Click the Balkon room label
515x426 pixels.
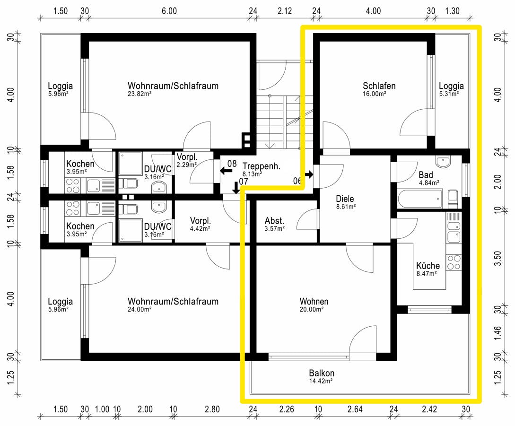[x=322, y=373]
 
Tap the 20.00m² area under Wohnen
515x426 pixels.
[x=312, y=310]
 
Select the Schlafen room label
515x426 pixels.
[x=379, y=86]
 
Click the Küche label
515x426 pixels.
[x=428, y=266]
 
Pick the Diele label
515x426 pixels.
[x=345, y=199]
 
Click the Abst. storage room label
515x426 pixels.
[x=274, y=221]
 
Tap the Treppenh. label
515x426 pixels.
[x=262, y=166]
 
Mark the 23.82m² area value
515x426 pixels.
[x=140, y=94]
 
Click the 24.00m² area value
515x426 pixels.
[x=140, y=310]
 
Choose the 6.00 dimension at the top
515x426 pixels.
[x=169, y=11]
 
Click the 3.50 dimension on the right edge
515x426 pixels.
[x=497, y=259]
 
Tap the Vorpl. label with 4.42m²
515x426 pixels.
[x=200, y=221]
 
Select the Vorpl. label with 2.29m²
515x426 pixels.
[x=186, y=157]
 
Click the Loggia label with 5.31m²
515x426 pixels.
[x=451, y=86]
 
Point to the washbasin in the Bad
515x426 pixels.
[x=443, y=162]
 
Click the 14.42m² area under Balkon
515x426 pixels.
[x=322, y=381]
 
